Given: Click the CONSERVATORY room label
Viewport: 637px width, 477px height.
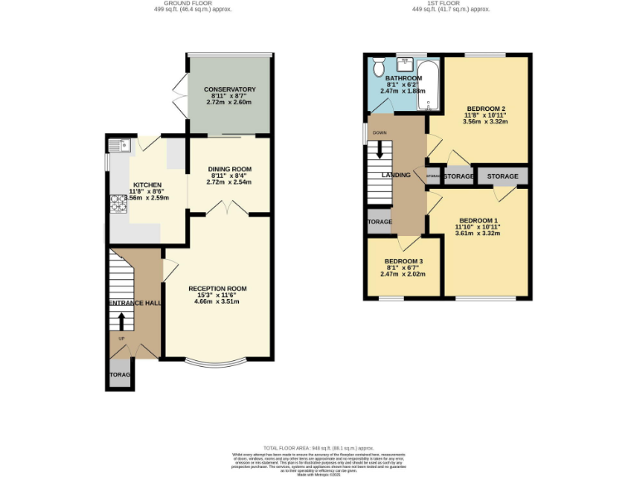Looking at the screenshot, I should [x=230, y=89].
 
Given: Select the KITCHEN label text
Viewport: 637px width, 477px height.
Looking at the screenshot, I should [x=147, y=185].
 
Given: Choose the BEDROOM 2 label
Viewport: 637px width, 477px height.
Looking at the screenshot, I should [x=485, y=108].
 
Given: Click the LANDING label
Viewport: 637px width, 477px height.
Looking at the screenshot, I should [x=396, y=176].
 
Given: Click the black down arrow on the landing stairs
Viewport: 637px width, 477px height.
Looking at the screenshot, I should [x=380, y=151].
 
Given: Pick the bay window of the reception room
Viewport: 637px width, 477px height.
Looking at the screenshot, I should [x=216, y=362].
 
